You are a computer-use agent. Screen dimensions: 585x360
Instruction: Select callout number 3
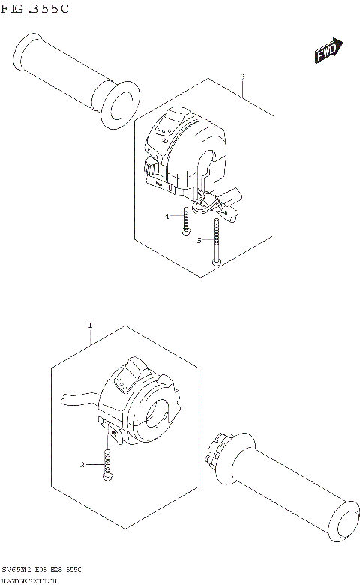(242, 76)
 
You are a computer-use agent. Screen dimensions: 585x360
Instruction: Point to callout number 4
(168, 217)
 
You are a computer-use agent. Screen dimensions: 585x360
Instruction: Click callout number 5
(199, 240)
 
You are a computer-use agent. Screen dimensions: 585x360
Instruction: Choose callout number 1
(90, 325)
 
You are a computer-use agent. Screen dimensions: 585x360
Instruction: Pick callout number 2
(83, 464)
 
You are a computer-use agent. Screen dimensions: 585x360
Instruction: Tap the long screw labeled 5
(216, 240)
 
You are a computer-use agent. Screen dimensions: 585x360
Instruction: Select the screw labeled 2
(109, 465)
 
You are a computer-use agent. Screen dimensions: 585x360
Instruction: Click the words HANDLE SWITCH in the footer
(27, 580)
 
